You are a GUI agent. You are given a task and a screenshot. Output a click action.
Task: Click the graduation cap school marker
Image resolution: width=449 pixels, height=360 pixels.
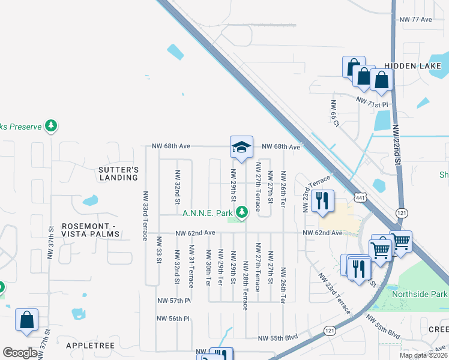pyautogui.click(x=241, y=148)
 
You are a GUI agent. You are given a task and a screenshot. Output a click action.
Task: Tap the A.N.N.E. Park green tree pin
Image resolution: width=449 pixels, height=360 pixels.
pyautogui.click(x=242, y=212)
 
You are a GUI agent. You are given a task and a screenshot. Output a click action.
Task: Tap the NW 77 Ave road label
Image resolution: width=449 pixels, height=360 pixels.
pyautogui.click(x=416, y=19)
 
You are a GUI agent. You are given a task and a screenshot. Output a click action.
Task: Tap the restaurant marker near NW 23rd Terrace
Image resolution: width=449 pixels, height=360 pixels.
pyautogui.click(x=323, y=202)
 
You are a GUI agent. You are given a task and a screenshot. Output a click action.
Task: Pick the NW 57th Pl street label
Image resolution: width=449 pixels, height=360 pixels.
pyautogui.click(x=174, y=300)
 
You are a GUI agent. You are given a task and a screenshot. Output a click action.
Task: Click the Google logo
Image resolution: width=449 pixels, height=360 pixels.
pyautogui.click(x=20, y=353)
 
